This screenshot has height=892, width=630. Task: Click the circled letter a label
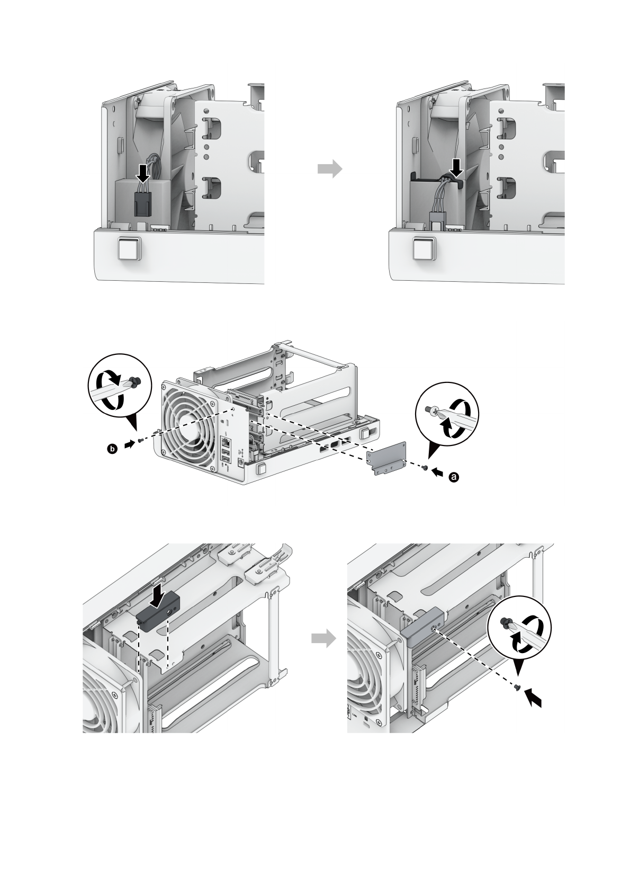click(453, 477)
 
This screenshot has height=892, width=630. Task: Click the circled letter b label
click(112, 449)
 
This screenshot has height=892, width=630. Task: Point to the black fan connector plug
click(141, 202)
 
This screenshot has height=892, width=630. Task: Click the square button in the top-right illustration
click(423, 249)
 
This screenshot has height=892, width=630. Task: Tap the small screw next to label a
click(425, 467)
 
